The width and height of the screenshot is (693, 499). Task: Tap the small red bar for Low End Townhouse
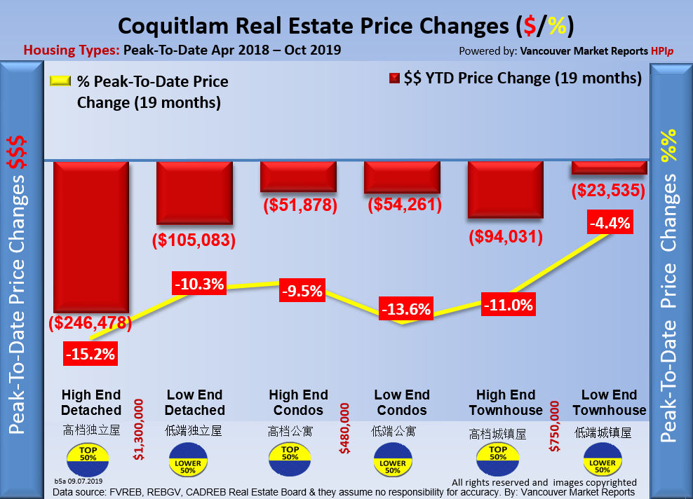tap(609, 168)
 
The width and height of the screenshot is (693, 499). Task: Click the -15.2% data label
tap(90, 353)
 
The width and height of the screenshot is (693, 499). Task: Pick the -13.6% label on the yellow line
tap(405, 308)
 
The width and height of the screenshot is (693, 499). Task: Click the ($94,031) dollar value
tap(506, 237)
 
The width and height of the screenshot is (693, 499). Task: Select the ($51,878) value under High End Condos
tap(300, 205)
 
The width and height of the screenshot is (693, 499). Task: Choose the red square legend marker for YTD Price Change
tap(394, 78)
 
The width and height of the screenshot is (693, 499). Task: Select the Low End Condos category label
tap(402, 402)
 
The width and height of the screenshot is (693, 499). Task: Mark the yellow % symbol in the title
tap(558, 26)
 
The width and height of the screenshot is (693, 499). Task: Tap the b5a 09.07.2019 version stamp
tap(78, 481)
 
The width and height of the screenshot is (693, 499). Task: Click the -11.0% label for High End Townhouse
tap(508, 305)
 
